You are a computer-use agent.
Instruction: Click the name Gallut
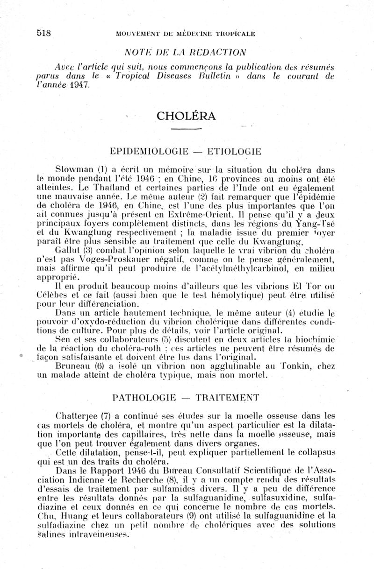(67, 251)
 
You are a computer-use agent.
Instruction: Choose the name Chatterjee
(75, 415)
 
